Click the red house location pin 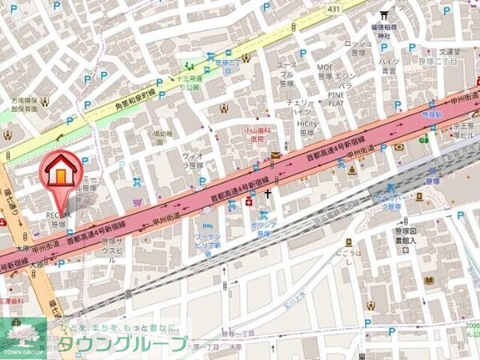tap(60, 174)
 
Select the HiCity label tap(306, 124)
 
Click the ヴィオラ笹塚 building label tap(195, 161)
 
